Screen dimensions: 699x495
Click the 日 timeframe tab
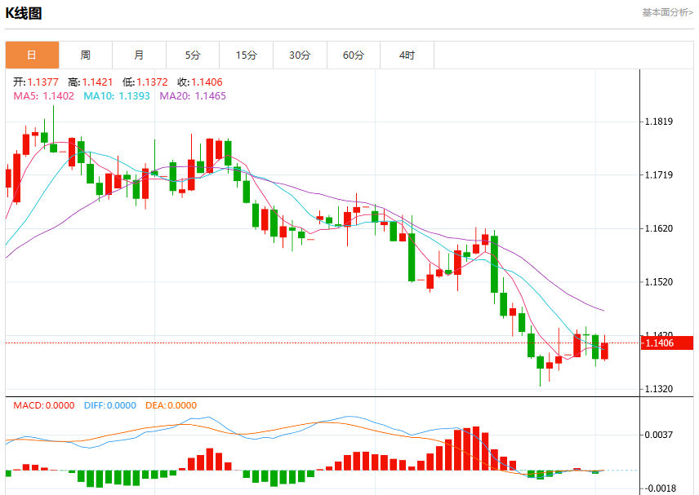32,55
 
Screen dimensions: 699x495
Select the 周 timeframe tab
86,55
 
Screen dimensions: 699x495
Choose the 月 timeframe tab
139,55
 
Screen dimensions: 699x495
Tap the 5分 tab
193,55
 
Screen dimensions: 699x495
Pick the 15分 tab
246,55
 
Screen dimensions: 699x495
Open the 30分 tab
300,55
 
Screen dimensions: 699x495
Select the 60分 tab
354,55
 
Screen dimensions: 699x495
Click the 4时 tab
407,55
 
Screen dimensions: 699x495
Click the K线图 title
24,13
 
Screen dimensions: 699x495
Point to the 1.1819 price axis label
659,122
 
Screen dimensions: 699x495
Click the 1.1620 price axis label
659,228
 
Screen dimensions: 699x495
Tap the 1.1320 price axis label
659,389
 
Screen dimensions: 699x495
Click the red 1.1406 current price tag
667,343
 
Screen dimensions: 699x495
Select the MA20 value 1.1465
211,95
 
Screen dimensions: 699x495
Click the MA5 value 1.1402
59,95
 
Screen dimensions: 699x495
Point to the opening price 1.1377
42,82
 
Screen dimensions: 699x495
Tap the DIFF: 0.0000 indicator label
110,405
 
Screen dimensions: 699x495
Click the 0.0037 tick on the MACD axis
659,435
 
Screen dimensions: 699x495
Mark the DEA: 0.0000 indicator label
171,405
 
